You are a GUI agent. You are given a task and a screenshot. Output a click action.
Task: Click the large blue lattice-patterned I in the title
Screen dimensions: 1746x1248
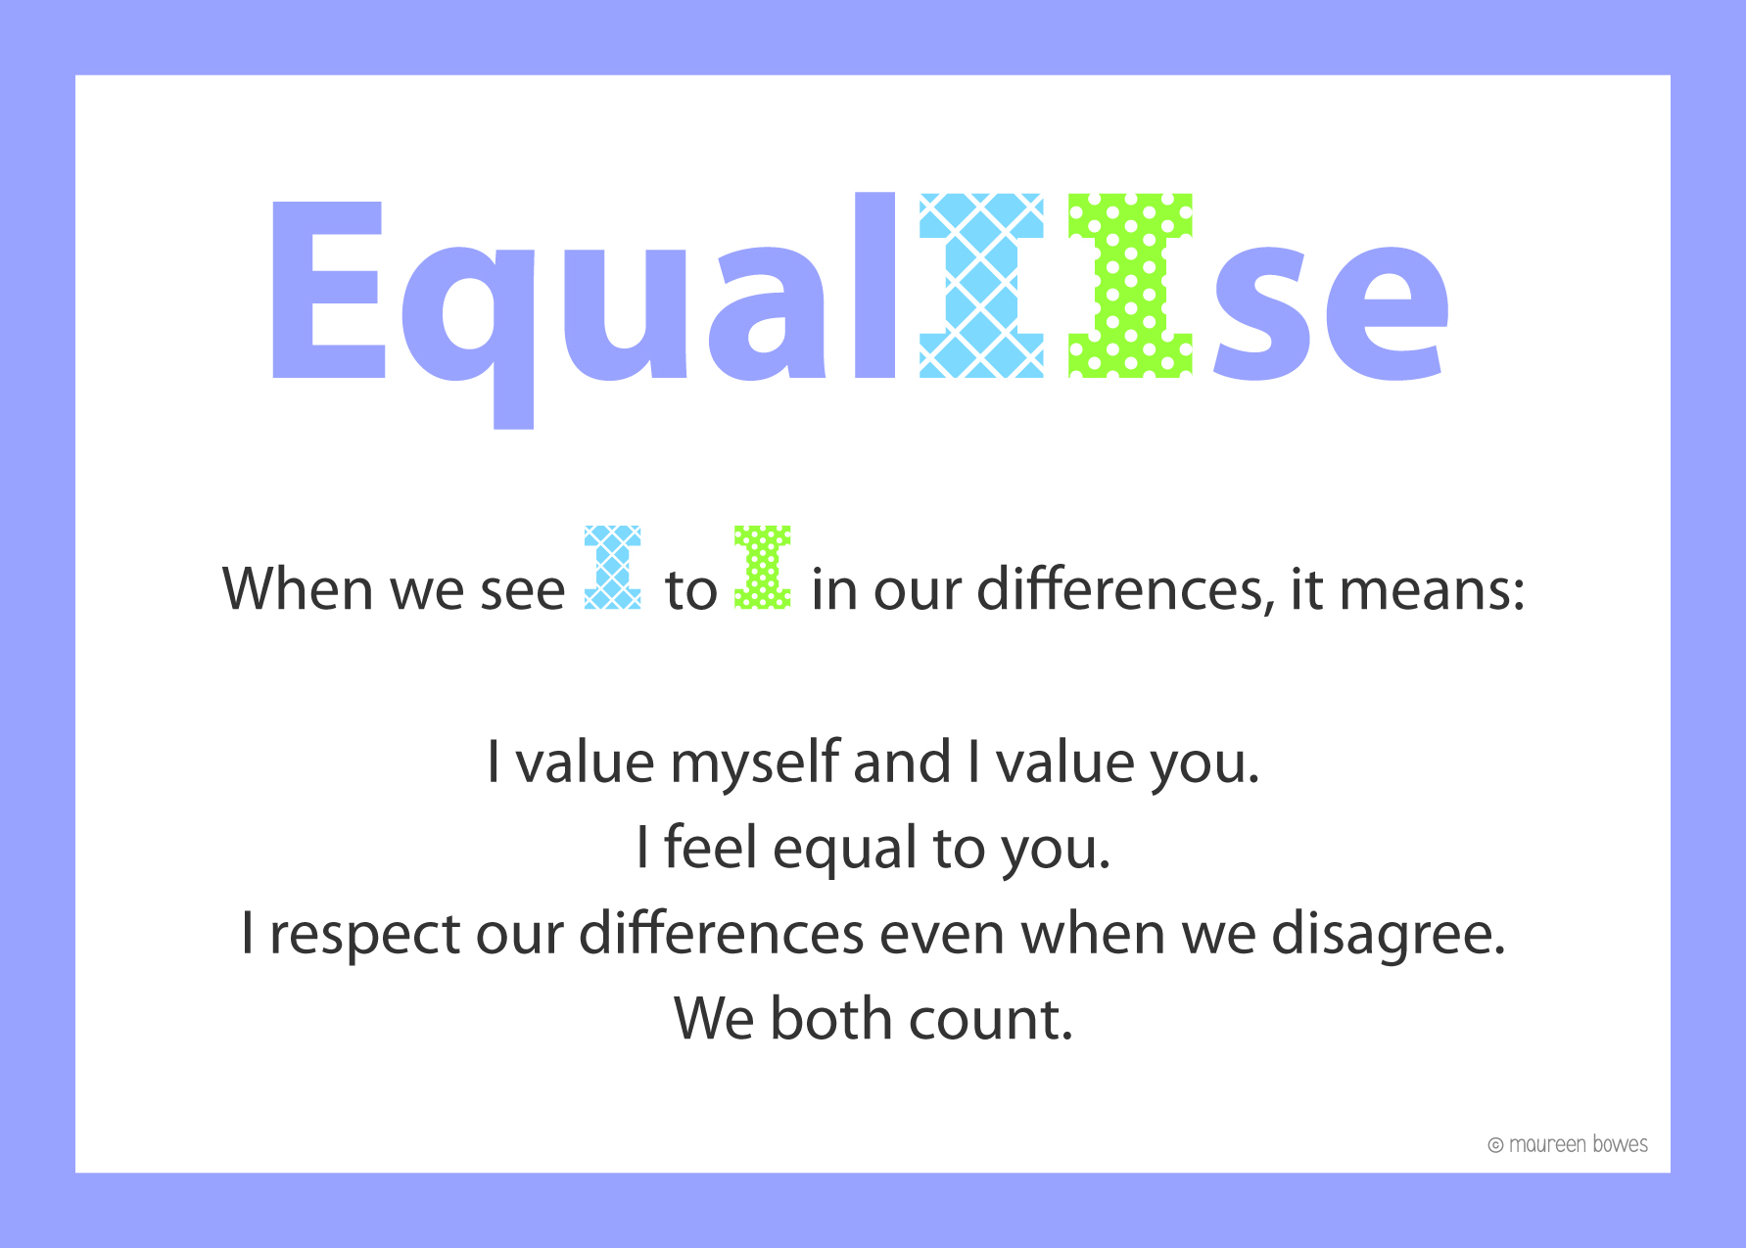tap(981, 285)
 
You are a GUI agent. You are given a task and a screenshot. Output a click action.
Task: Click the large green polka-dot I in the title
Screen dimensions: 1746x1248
tap(1130, 285)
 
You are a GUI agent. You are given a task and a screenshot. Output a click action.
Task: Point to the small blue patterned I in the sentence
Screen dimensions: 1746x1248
tap(613, 568)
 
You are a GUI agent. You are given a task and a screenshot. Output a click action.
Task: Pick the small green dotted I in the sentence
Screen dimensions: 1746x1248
tap(763, 568)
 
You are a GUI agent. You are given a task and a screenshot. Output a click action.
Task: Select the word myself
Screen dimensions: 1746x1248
tap(755, 764)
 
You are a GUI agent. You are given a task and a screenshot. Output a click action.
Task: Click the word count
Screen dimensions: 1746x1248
tap(991, 1020)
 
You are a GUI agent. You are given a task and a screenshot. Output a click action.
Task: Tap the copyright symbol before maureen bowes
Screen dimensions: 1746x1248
tap(1495, 1145)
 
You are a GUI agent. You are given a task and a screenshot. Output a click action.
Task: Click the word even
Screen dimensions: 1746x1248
tap(941, 935)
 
